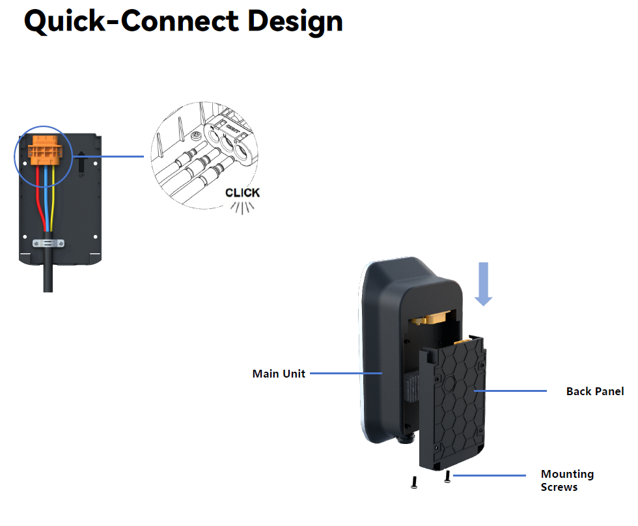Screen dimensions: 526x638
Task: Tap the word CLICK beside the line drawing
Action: (242, 193)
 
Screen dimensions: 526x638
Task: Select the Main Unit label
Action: (279, 374)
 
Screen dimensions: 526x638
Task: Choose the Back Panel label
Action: (594, 391)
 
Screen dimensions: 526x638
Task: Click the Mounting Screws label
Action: (566, 480)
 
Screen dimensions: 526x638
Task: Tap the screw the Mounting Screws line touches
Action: (447, 478)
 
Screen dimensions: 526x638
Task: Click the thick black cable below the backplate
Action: (48, 277)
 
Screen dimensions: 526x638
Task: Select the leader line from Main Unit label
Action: (345, 374)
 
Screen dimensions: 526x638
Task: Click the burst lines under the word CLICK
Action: (242, 207)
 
